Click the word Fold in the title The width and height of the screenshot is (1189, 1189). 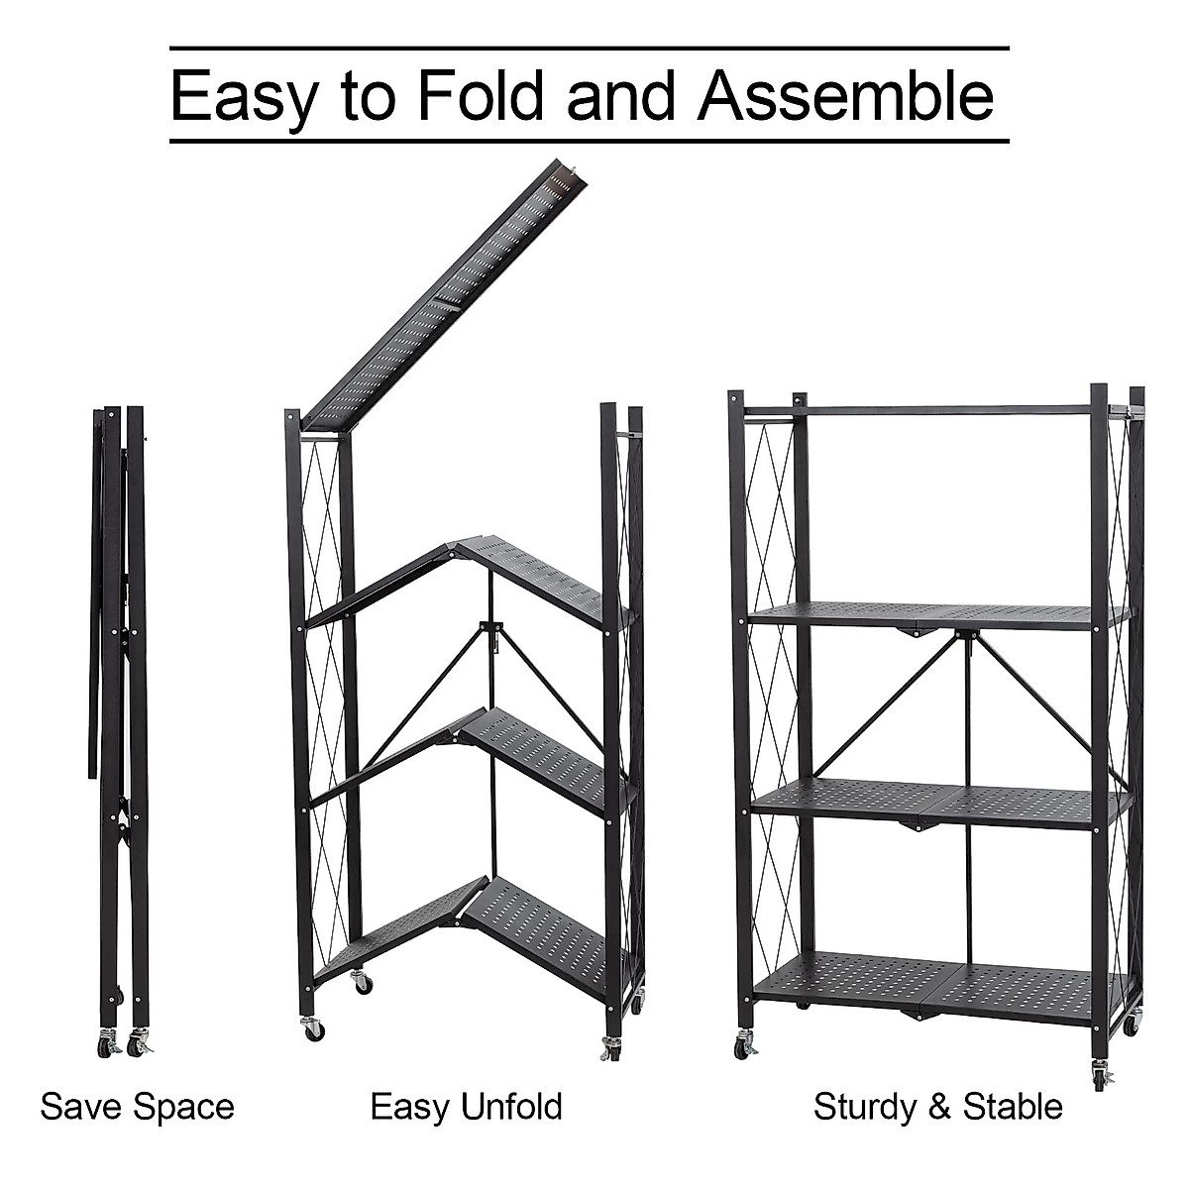[x=480, y=95]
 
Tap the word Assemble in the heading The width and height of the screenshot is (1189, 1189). [x=845, y=95]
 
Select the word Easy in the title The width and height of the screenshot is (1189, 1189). [x=246, y=97]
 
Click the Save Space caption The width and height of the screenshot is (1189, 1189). [x=137, y=1106]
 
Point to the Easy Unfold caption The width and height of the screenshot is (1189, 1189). [x=466, y=1106]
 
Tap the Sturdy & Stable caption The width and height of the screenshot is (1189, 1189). [x=937, y=1106]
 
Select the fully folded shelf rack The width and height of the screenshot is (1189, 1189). [x=119, y=694]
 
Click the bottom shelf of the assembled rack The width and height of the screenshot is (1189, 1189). [x=941, y=981]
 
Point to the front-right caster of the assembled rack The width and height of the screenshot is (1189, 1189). [x=1101, y=1073]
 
